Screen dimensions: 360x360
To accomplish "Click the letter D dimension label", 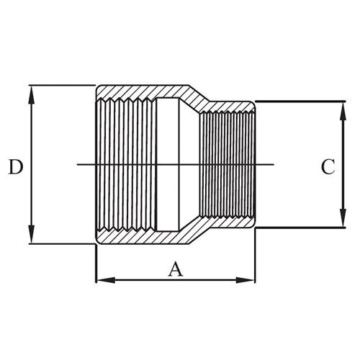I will (x=15, y=167).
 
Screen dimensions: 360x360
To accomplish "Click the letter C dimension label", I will (x=328, y=167).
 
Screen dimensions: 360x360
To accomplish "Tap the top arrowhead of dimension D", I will (x=32, y=91).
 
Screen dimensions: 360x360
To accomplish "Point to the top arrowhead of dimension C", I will (x=341, y=107).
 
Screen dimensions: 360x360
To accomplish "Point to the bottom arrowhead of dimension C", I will (x=341, y=222).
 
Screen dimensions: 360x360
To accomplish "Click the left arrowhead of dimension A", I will (x=102, y=278).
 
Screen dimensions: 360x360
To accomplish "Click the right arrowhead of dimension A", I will (x=250, y=278).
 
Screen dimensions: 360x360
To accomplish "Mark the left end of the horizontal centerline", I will (x=77, y=166).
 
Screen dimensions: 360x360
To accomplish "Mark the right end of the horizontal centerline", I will (x=274, y=166).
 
